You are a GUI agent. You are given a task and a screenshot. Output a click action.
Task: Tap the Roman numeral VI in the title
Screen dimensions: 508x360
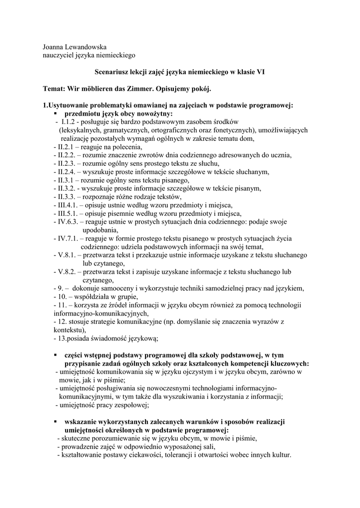(260, 72)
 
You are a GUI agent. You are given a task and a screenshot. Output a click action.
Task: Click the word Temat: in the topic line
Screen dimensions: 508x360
(56, 89)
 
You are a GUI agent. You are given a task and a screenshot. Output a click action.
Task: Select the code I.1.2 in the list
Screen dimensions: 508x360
(69, 122)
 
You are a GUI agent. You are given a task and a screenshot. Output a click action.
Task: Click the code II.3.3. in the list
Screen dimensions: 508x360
(67, 197)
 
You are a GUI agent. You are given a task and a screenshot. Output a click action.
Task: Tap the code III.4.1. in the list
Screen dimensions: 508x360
(68, 205)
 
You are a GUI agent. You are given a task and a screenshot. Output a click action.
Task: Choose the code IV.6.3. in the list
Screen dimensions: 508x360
(68, 222)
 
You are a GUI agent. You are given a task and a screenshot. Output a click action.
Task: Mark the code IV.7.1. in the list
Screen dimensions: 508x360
(68, 239)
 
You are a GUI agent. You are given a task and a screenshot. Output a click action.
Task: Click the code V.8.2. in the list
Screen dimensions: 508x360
(67, 272)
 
